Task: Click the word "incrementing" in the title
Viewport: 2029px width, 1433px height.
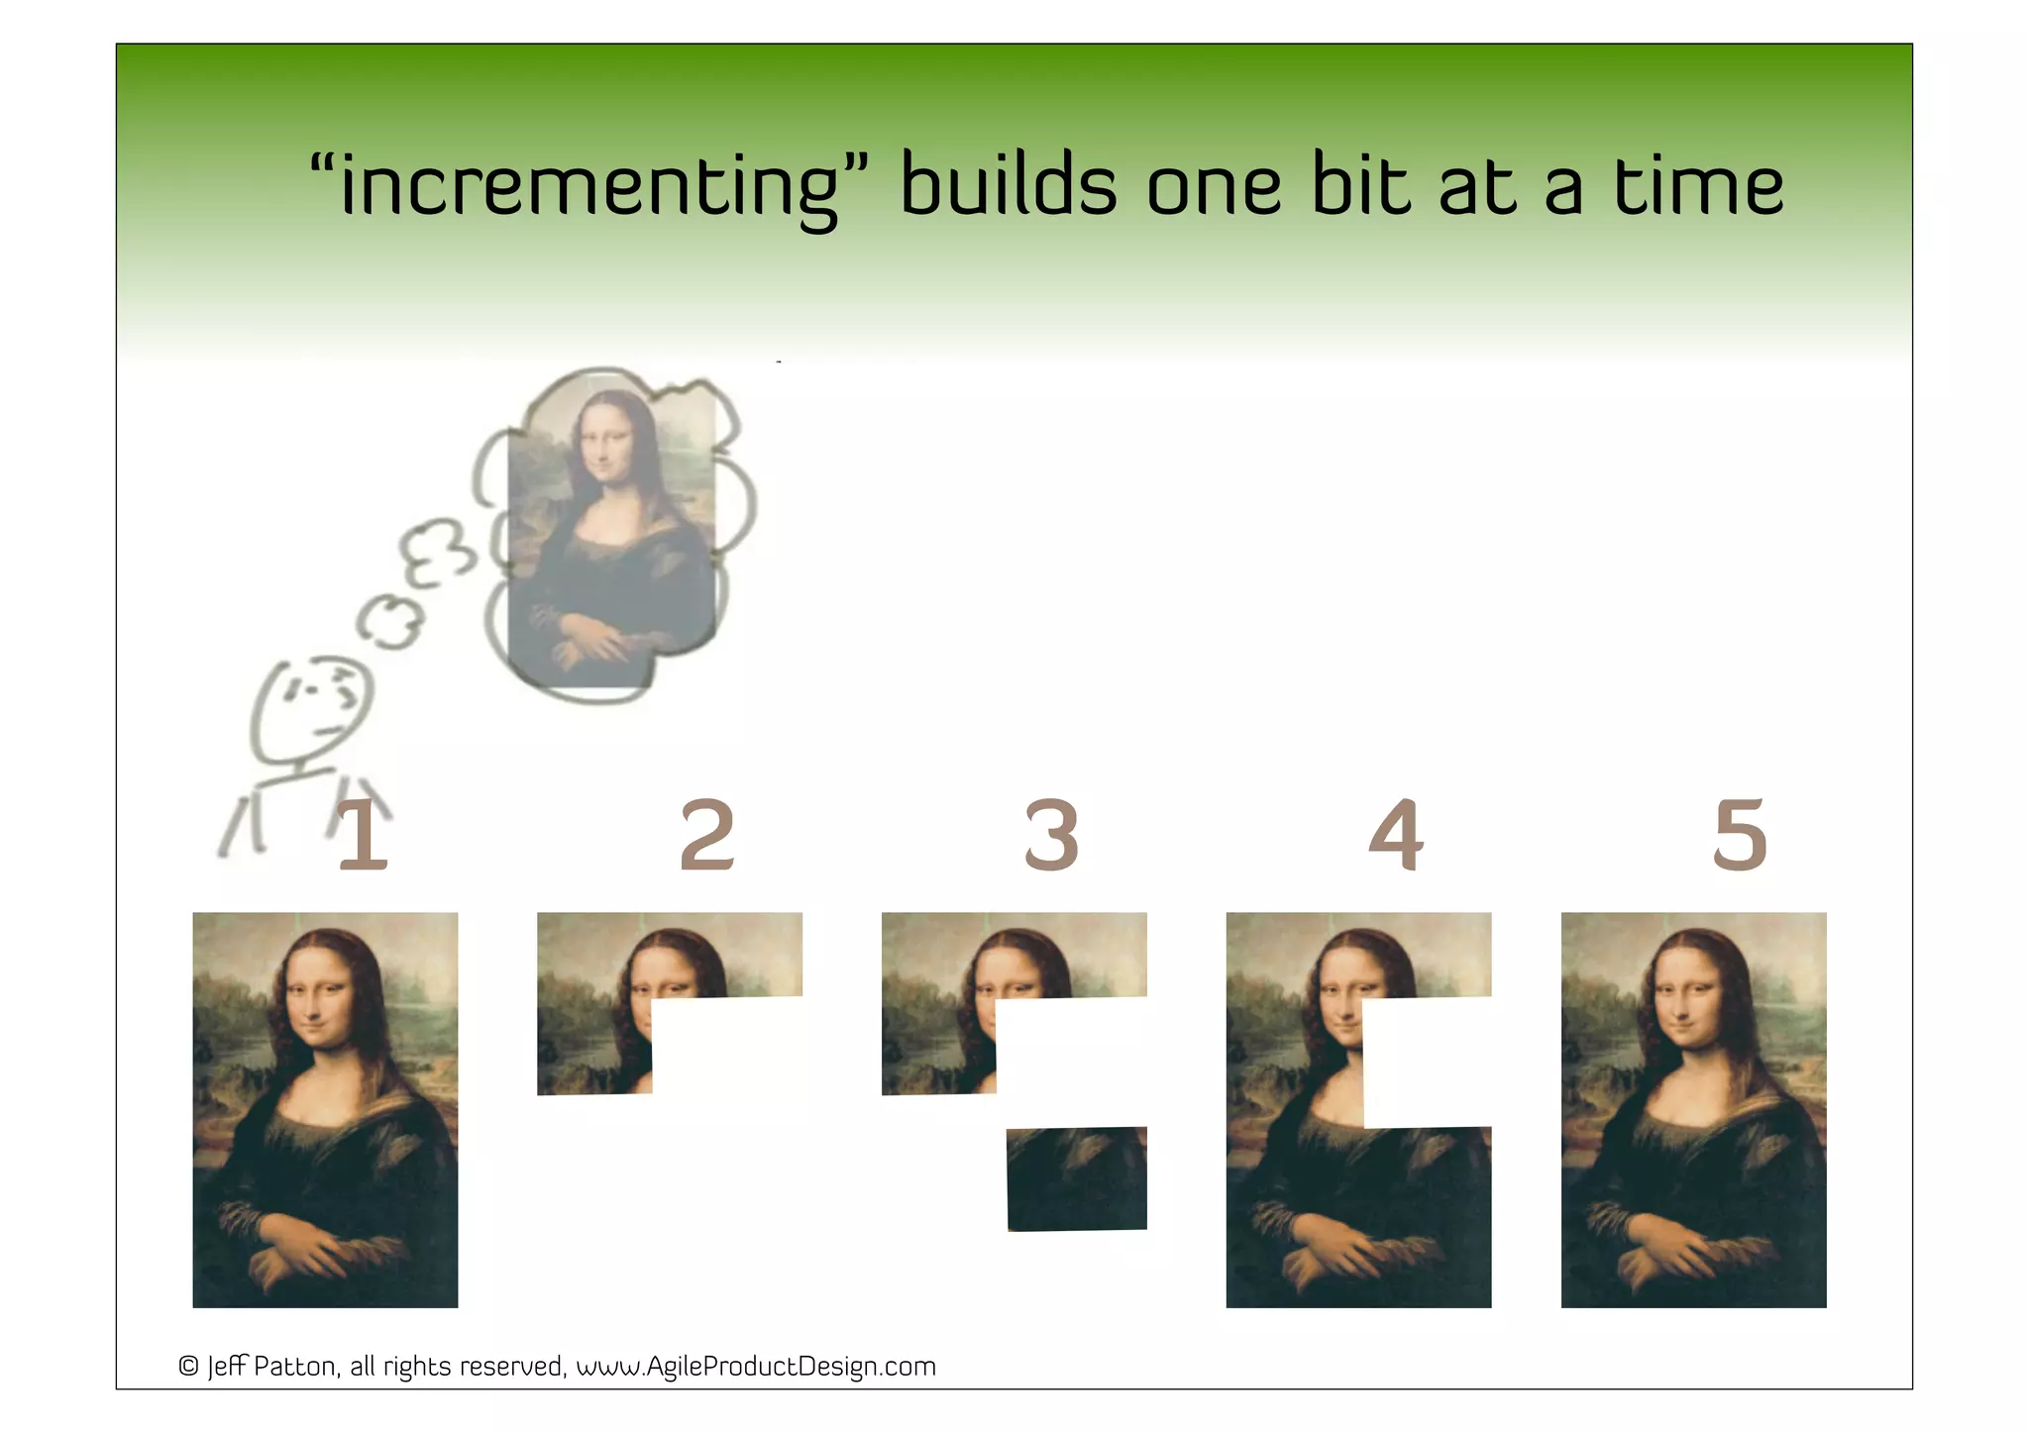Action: [588, 187]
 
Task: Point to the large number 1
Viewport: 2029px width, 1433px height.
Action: [362, 836]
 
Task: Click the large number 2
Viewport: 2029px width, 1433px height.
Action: [706, 836]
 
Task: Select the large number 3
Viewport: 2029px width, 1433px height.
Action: [1051, 836]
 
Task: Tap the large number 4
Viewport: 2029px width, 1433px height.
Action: [1396, 836]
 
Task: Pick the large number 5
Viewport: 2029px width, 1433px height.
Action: [1740, 836]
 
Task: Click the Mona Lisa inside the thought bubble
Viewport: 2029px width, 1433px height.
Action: [611, 535]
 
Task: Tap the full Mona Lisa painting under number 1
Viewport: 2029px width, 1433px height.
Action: [325, 1109]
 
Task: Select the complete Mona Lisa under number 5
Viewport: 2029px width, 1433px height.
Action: [1693, 1109]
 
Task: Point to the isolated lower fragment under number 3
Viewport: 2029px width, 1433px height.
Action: [1077, 1178]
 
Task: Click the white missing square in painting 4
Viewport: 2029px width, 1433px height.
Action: [1427, 1062]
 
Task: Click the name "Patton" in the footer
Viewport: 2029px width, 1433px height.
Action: [295, 1367]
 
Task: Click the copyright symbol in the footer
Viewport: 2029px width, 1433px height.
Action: [188, 1367]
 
